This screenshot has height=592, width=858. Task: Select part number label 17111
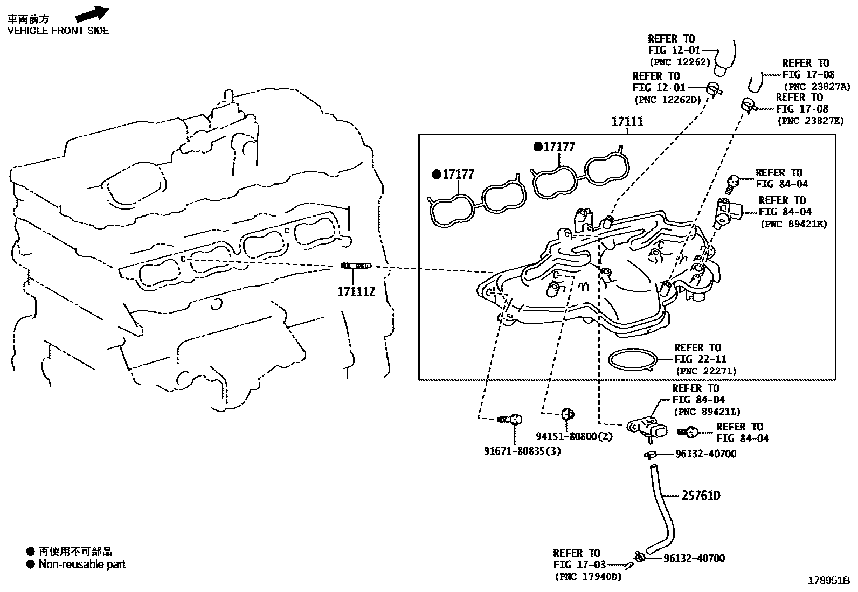(x=627, y=122)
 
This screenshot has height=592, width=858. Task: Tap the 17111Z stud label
(x=356, y=292)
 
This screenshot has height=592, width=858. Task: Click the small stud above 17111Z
(x=356, y=266)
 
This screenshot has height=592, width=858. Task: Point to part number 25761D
(x=701, y=496)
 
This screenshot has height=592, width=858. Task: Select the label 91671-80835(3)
(x=522, y=451)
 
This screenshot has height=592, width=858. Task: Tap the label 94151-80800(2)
(x=574, y=436)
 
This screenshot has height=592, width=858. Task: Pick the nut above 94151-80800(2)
(x=567, y=414)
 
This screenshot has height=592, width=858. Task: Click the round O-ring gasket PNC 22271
(x=633, y=359)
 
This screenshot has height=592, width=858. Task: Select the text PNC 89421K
(x=793, y=224)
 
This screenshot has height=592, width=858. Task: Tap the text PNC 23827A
(x=817, y=87)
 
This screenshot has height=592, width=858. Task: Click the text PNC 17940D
(x=588, y=577)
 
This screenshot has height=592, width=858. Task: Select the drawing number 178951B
(x=828, y=581)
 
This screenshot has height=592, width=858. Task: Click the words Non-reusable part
(x=82, y=565)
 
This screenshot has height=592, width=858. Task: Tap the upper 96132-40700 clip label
(x=705, y=454)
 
